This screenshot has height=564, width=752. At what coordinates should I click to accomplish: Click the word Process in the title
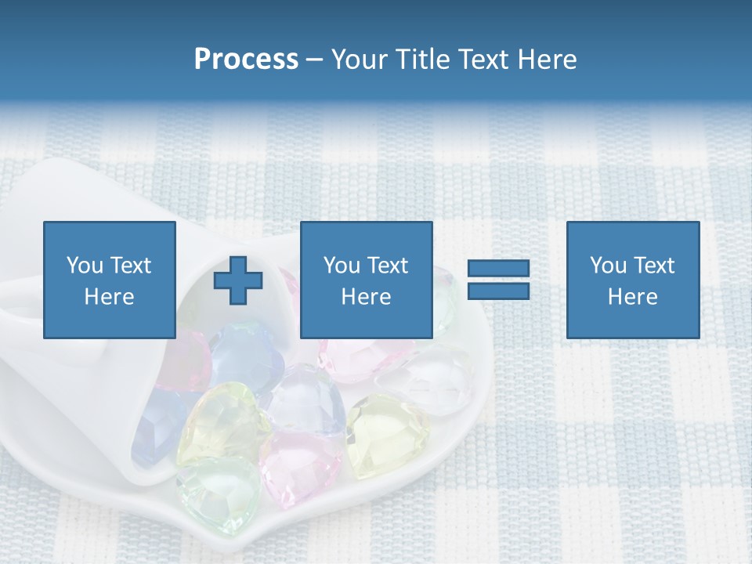[x=246, y=60]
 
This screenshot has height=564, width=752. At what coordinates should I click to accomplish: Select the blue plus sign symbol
[x=238, y=280]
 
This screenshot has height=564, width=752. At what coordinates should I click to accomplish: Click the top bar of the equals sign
[x=498, y=269]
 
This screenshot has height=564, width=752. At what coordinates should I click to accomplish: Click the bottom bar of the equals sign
[x=498, y=291]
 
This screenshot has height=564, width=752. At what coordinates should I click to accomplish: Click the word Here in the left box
[x=109, y=297]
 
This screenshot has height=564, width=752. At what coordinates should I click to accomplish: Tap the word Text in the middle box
[x=389, y=266]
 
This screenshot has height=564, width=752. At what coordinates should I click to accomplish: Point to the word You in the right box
[x=608, y=266]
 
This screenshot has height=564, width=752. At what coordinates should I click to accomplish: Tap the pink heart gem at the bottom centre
[x=302, y=466]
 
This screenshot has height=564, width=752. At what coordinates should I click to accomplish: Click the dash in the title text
[x=314, y=60]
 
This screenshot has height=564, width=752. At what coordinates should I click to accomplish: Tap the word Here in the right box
[x=632, y=297]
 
